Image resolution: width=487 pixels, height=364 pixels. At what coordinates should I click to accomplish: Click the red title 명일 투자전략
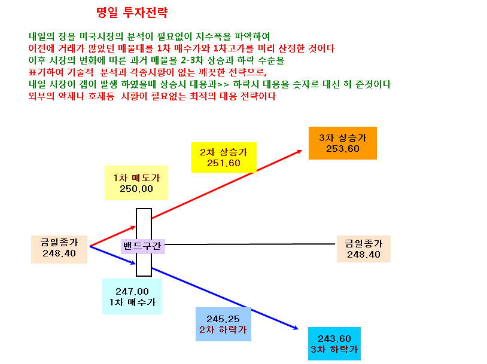pos(132,13)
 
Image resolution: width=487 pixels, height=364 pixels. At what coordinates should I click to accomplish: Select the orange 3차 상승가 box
pos(343,143)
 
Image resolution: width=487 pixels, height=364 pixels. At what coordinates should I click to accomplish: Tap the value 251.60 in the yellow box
pos(224,163)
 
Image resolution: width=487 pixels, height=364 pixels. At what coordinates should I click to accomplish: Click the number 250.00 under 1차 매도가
pos(136,189)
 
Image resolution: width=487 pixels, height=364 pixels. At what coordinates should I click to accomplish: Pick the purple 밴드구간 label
pos(142,246)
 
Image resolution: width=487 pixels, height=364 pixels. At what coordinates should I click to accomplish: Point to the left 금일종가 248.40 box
pos(59,249)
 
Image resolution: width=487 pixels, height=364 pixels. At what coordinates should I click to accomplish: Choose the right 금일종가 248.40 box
pos(364,249)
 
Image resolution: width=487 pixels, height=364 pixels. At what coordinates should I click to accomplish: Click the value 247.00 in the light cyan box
pos(132,292)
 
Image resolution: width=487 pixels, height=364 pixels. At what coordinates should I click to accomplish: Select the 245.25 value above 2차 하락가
pos(223,319)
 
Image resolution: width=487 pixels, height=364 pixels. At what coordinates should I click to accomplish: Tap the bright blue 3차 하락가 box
pos(334,344)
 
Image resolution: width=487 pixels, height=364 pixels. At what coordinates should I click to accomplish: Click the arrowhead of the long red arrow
pos(299,151)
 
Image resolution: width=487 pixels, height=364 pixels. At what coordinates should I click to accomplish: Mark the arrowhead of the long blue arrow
pos(296,328)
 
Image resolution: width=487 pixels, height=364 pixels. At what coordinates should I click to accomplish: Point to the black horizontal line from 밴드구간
pos(249,244)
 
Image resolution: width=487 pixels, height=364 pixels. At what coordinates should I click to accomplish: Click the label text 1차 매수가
pos(132,302)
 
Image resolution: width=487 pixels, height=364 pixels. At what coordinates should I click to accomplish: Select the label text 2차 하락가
pos(223,330)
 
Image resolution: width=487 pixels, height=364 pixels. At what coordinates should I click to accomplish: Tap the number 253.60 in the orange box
pos(343,149)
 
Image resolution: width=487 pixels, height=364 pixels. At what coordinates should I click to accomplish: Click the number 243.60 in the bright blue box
pos(334,338)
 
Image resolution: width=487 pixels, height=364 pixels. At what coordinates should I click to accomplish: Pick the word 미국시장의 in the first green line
pos(102,36)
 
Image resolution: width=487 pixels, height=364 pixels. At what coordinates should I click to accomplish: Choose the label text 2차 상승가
pos(224,152)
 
